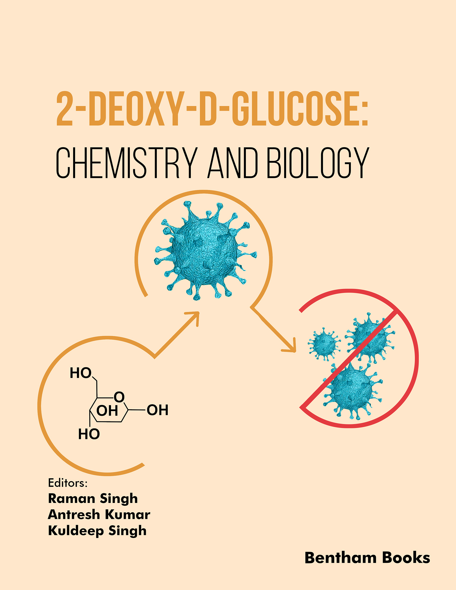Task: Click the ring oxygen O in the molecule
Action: click(119, 397)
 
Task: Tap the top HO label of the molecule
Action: click(81, 373)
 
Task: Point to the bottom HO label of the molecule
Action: click(89, 434)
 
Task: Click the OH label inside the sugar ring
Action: click(107, 411)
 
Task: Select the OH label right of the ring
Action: click(158, 410)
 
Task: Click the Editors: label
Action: click(68, 483)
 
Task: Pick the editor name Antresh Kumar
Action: click(99, 515)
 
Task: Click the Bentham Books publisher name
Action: click(367, 558)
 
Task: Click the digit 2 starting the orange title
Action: click(65, 109)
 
